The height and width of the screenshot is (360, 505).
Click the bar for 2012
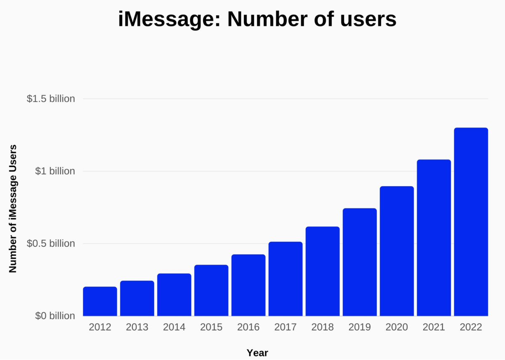(100, 301)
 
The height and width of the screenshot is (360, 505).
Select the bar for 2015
(211, 290)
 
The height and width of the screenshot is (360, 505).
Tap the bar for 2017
(285, 279)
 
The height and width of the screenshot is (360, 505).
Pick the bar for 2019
(360, 262)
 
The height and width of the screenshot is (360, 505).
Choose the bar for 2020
(397, 251)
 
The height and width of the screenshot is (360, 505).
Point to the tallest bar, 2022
(471, 221)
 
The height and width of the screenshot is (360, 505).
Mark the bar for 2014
(174, 294)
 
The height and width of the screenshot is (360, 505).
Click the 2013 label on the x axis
(137, 327)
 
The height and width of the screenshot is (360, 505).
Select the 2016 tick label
(248, 327)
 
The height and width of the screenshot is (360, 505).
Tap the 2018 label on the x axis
(323, 327)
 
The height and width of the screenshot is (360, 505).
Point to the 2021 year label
(434, 327)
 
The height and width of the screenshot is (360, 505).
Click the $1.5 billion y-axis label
(51, 99)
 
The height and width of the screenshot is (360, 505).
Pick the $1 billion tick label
(55, 171)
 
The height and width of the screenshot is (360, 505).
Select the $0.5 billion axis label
(51, 244)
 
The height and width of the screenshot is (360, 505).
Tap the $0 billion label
(55, 316)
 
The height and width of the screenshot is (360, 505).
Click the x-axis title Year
(257, 353)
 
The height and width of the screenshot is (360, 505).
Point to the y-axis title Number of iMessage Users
(13, 208)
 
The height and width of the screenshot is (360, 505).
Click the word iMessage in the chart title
(168, 19)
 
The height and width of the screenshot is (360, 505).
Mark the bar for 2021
(434, 237)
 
